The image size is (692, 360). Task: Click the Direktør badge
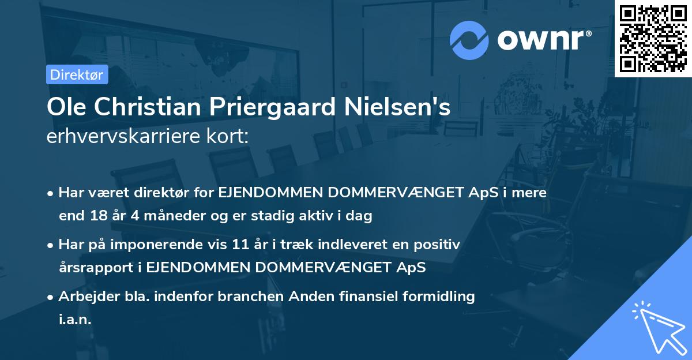[76, 74]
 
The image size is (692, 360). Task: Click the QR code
[653, 38]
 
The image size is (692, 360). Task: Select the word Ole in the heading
[63, 108]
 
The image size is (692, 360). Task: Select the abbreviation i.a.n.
[75, 320]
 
